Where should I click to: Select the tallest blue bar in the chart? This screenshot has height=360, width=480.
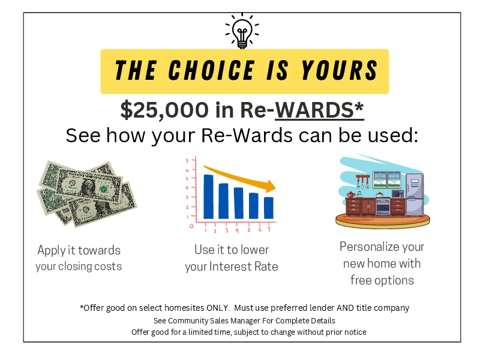[208, 196]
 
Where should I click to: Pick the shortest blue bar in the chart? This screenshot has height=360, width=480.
[269, 208]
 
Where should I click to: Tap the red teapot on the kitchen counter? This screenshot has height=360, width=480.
[350, 194]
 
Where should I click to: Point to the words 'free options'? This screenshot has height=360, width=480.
[382, 280]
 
